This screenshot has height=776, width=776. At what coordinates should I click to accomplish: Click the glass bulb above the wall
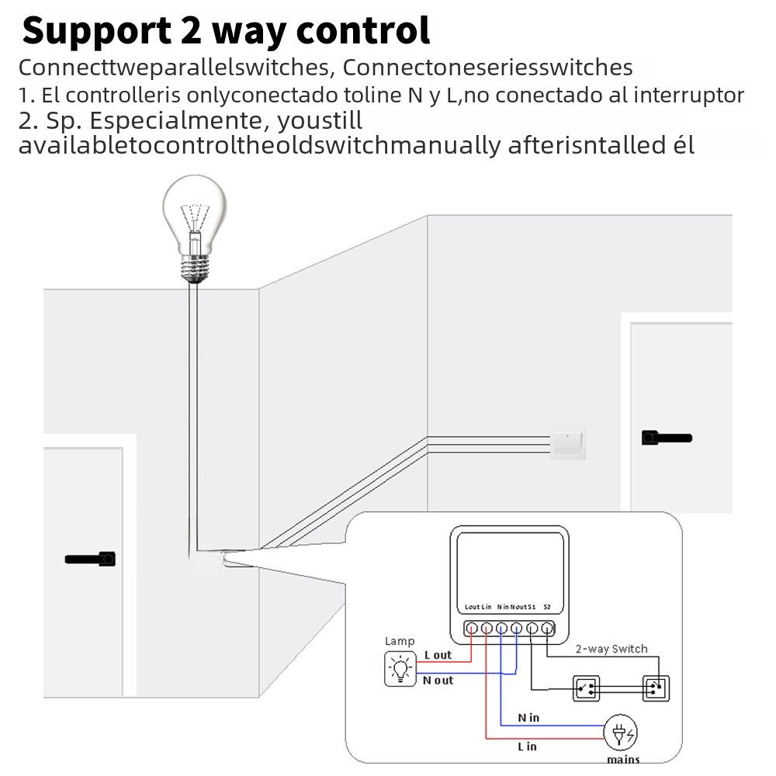[195, 213]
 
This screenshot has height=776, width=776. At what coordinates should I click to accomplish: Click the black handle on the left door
[91, 558]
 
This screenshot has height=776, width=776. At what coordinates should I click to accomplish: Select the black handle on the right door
[666, 438]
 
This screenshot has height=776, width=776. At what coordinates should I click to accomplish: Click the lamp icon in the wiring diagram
[400, 668]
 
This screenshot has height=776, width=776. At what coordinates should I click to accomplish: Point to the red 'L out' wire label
[438, 655]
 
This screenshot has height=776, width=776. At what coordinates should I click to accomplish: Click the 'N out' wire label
[438, 681]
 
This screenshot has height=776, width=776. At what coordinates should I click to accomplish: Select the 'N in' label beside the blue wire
[528, 718]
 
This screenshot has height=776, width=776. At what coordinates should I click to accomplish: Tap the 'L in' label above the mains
[527, 747]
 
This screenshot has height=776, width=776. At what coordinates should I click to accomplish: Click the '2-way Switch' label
[611, 649]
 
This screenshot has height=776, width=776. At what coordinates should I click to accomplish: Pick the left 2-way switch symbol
[587, 688]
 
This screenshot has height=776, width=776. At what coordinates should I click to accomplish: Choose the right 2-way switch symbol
[656, 688]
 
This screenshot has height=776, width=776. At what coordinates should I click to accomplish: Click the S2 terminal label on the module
[547, 606]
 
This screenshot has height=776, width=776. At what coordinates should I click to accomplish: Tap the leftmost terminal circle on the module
[471, 629]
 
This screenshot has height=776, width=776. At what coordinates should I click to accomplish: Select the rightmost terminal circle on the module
[547, 629]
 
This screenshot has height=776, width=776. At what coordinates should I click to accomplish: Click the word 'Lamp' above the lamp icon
[400, 641]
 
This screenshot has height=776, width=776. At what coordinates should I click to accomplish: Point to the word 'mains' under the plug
[623, 759]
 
